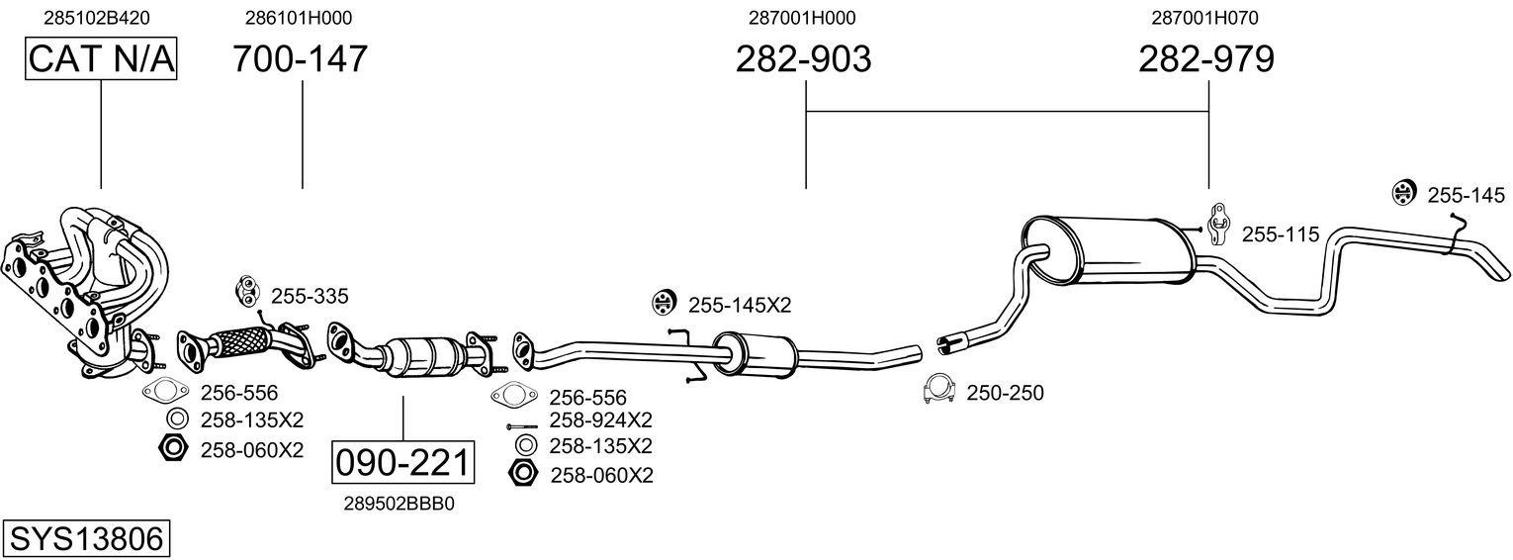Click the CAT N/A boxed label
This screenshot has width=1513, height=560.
101,58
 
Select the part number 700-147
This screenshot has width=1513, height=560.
301,58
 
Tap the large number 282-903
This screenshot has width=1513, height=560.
804,58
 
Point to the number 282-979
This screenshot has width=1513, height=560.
1206,58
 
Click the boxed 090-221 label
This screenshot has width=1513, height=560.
402,463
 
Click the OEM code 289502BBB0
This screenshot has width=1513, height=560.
400,504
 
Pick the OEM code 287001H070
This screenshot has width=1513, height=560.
1205,18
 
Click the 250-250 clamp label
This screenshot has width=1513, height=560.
1005,393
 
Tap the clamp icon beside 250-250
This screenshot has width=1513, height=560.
937,390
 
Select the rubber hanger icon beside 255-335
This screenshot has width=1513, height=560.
246,291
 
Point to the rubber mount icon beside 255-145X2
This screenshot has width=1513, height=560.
665,304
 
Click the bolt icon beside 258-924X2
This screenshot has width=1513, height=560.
521,426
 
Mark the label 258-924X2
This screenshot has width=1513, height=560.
600,420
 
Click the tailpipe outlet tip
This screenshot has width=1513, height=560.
1500,272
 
